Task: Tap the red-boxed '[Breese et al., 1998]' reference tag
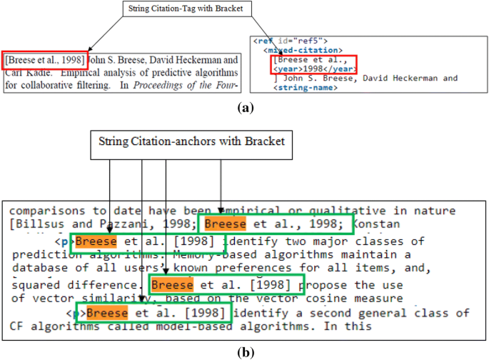pyautogui.click(x=45, y=60)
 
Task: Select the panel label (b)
pyautogui.click(x=245, y=351)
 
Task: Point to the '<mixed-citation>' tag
pyautogui.click(x=299, y=51)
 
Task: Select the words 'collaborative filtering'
pyautogui.click(x=65, y=86)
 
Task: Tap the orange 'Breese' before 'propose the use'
pyautogui.click(x=173, y=285)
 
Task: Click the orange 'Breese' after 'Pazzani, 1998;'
pyautogui.click(x=225, y=224)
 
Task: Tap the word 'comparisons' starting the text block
pyautogui.click(x=42, y=210)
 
